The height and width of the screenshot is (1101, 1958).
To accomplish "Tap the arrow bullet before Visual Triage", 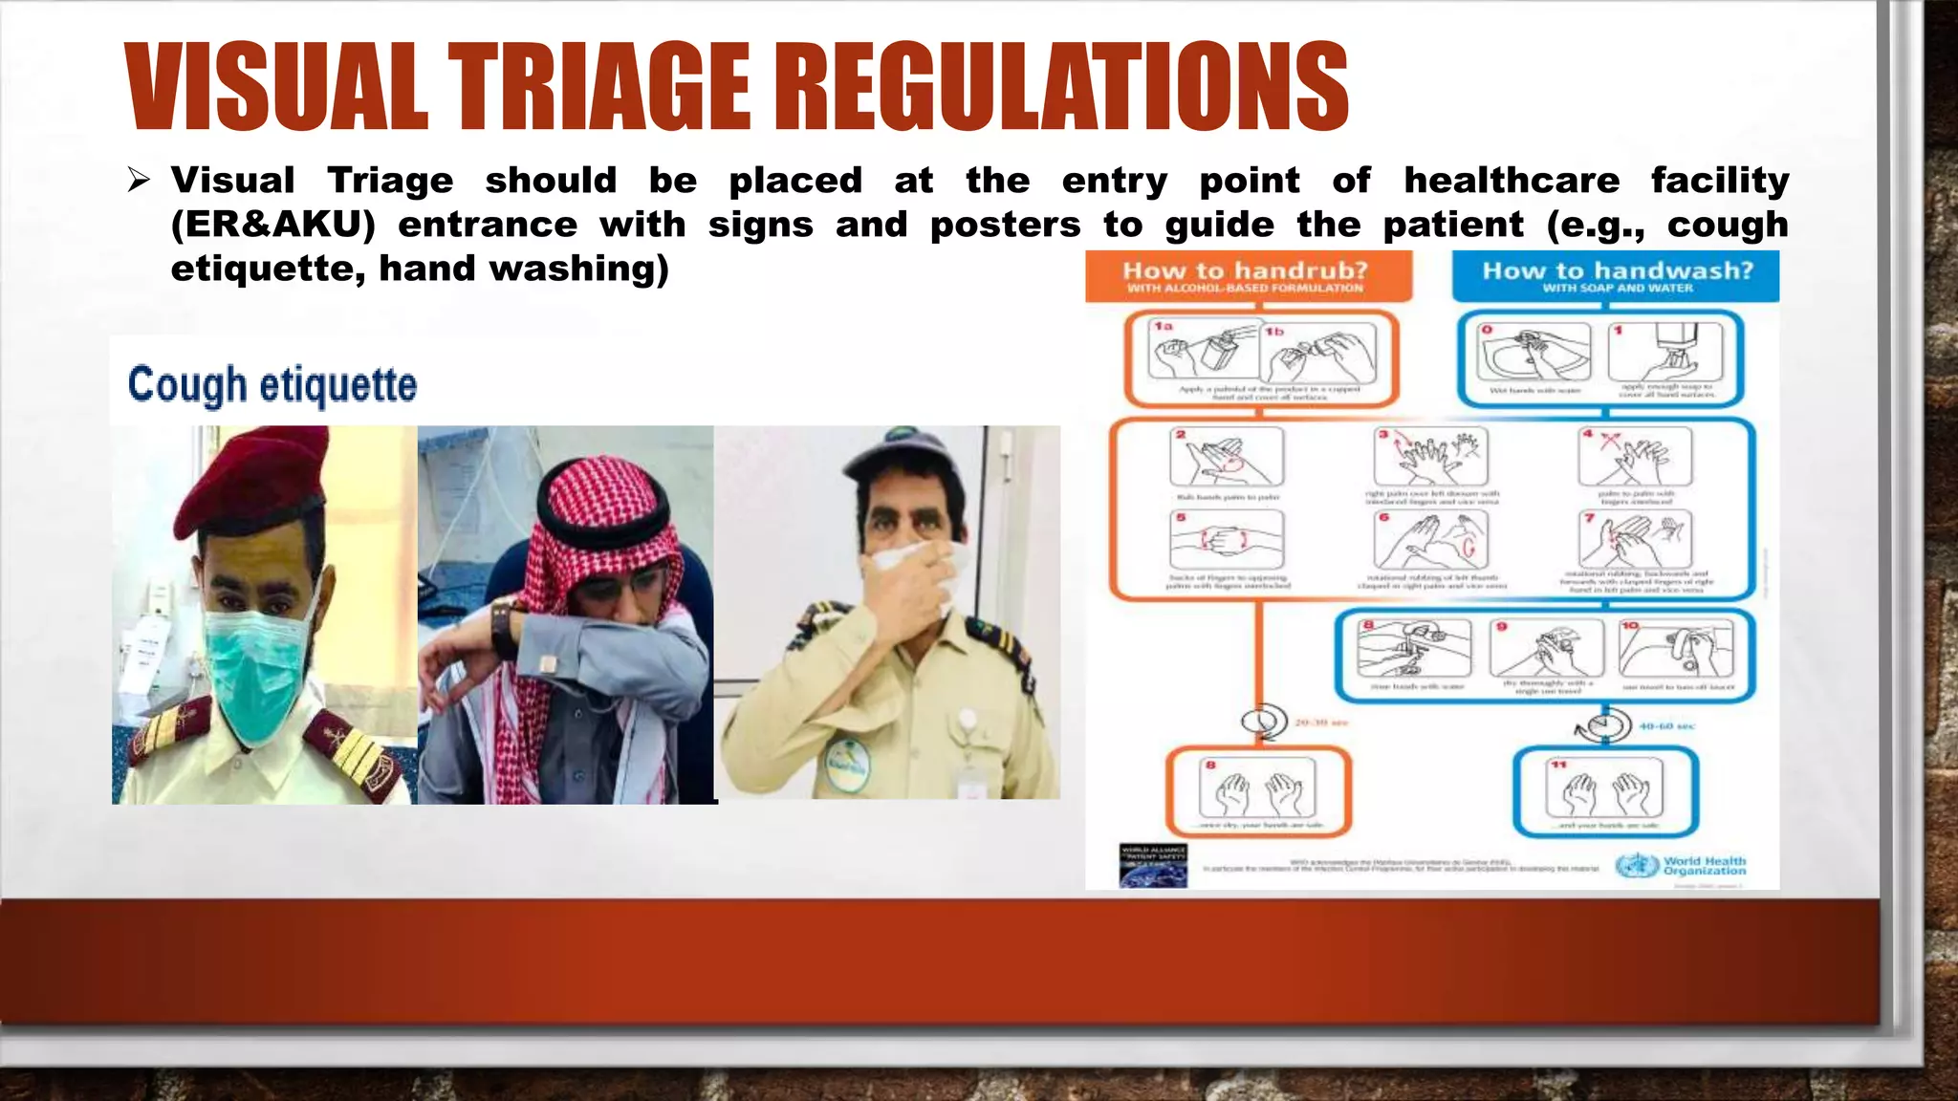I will tap(140, 180).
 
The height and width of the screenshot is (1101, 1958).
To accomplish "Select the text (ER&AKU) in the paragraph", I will tap(273, 225).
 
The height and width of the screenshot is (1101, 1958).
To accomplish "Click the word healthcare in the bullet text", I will tap(1512, 180).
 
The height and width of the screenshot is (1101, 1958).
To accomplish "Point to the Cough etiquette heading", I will tap(272, 384).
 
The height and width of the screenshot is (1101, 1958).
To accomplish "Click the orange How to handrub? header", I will tap(1247, 275).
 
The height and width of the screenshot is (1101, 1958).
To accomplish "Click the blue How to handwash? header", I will tap(1616, 275).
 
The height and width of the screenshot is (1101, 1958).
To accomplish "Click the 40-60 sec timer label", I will tap(1665, 726).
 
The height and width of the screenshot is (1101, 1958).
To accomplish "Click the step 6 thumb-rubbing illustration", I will tap(1430, 541).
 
